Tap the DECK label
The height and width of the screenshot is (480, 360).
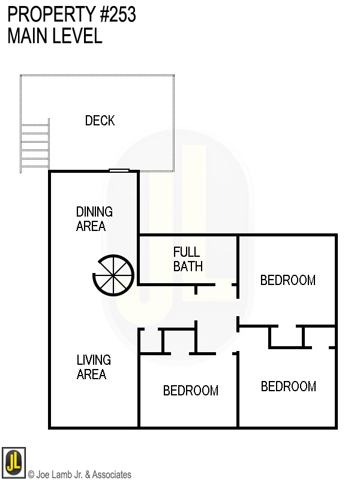point(100,121)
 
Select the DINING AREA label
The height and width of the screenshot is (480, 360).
point(94,219)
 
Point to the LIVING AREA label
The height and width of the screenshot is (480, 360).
point(93,367)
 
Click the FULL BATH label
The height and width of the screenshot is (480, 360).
point(187,259)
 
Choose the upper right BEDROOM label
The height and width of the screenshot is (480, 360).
point(287,280)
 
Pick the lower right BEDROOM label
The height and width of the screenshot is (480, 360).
point(288,386)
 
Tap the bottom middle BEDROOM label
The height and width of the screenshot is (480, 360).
point(191,391)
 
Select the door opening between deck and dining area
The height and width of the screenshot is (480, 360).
point(119,171)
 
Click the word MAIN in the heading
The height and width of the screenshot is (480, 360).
point(28,36)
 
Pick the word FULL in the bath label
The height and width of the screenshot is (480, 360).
point(187,252)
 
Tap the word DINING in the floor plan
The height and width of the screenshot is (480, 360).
point(94,212)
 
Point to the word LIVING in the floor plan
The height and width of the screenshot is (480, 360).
point(94,360)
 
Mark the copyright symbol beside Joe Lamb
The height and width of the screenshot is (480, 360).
point(31,475)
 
